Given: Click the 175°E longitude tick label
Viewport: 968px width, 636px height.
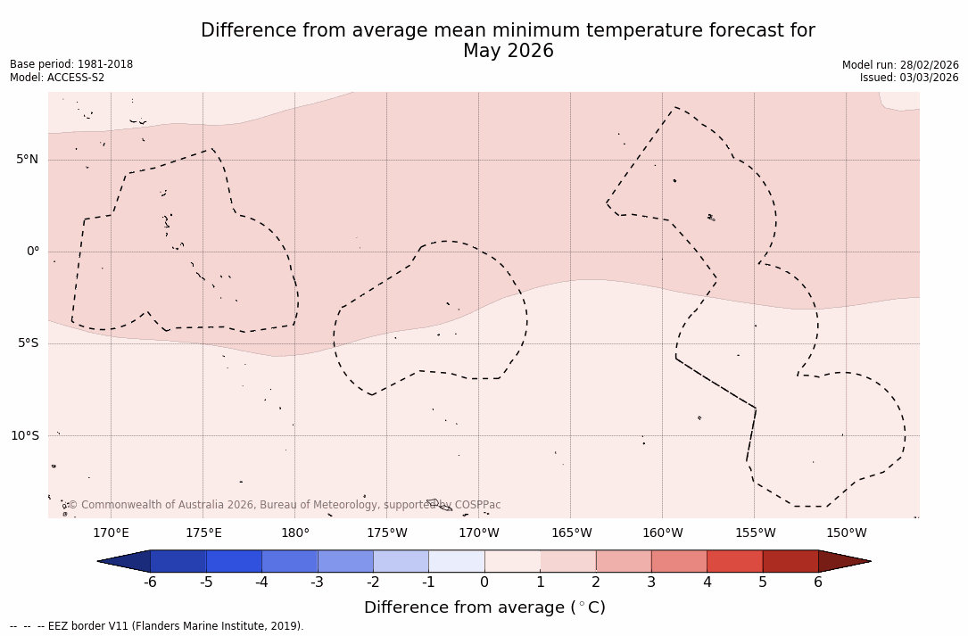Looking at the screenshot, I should point(203,533).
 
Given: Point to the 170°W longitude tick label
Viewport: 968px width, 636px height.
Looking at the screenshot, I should point(479,533).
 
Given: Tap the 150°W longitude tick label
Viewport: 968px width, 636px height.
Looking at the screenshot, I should point(847,533).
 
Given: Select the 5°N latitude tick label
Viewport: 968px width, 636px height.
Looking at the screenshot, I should point(27,160).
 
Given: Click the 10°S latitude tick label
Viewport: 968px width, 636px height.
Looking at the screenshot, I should point(24,435).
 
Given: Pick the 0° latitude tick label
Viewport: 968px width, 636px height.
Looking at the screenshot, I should point(33,252).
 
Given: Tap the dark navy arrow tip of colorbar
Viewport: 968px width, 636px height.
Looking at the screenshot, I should point(123,561).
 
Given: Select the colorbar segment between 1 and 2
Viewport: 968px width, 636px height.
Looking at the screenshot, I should point(568,561).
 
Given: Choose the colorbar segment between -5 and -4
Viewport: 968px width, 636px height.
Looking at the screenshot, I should point(234,561).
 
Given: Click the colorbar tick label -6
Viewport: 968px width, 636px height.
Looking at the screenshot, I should point(150,582).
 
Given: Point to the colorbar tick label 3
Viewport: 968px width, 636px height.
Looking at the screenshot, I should point(651,582).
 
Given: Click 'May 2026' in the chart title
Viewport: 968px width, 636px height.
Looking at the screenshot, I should point(508,52).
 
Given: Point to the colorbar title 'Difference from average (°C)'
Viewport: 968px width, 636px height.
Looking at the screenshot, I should point(484,607).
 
